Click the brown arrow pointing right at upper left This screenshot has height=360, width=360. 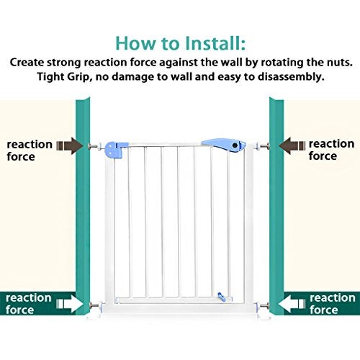tap(70, 145)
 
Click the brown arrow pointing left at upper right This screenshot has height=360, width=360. tap(292, 145)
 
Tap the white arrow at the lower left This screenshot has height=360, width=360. tap(70, 304)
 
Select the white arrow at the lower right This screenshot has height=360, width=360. tap(292, 304)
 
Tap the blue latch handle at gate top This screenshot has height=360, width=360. tap(224, 145)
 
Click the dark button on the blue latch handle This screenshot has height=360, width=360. tap(235, 145)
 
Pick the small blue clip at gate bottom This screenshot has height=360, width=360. tap(220, 296)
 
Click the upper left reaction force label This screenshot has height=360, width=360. tap(30, 150)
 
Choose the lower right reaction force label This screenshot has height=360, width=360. tap(333, 304)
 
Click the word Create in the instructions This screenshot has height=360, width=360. tap(27, 63)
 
